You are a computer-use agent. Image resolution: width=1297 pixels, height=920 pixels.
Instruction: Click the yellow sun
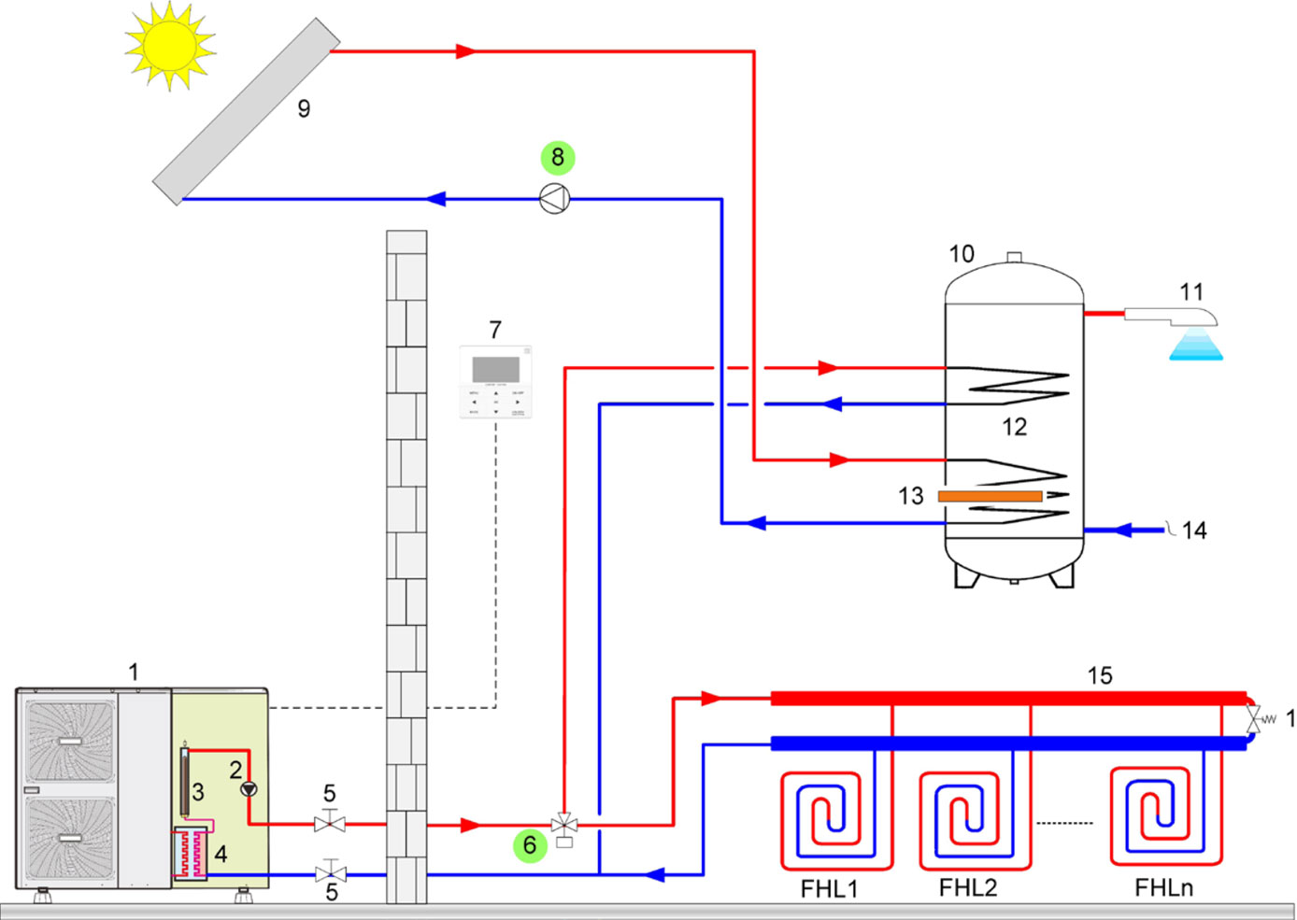click(x=169, y=45)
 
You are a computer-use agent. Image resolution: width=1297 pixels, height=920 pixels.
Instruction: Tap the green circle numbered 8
click(x=558, y=157)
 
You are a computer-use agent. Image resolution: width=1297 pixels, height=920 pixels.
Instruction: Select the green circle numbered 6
click(x=530, y=845)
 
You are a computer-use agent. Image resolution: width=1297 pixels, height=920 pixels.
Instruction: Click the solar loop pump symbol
click(x=555, y=199)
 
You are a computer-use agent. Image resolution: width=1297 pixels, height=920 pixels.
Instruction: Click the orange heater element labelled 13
click(x=990, y=496)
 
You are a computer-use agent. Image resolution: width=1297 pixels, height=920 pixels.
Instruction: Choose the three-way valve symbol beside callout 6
click(x=564, y=825)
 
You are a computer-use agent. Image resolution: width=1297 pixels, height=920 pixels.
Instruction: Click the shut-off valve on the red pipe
click(x=330, y=824)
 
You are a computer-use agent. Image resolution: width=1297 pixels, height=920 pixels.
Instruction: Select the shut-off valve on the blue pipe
click(x=330, y=874)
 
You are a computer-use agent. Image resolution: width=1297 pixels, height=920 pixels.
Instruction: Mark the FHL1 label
click(x=829, y=887)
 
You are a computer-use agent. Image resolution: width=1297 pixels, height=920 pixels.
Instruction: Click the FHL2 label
click(x=967, y=887)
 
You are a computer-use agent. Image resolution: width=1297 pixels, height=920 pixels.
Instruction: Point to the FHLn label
click(x=1163, y=887)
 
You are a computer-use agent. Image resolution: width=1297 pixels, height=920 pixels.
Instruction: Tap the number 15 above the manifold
click(x=1100, y=675)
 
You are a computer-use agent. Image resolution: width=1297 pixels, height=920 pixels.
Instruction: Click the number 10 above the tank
click(x=962, y=254)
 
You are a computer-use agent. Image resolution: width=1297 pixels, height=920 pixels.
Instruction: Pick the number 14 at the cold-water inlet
click(x=1194, y=531)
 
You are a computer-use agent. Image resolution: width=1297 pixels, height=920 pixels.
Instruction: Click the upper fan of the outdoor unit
click(x=71, y=740)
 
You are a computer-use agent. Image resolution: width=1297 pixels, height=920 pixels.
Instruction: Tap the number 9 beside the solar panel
click(x=304, y=109)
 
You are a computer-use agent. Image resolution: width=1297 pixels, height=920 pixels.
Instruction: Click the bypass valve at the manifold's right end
click(x=1254, y=720)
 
